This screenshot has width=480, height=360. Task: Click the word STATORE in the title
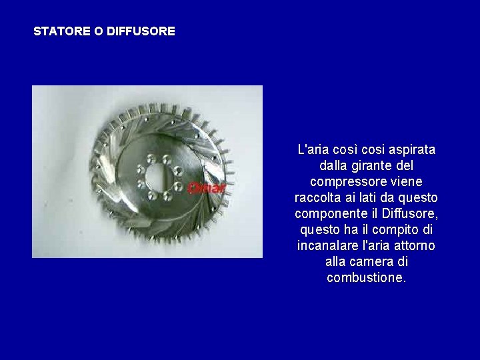point(58,31)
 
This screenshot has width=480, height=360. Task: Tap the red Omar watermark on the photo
point(207,187)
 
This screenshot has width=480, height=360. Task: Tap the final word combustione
point(366,278)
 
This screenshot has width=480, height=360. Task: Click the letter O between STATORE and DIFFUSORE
point(89,31)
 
